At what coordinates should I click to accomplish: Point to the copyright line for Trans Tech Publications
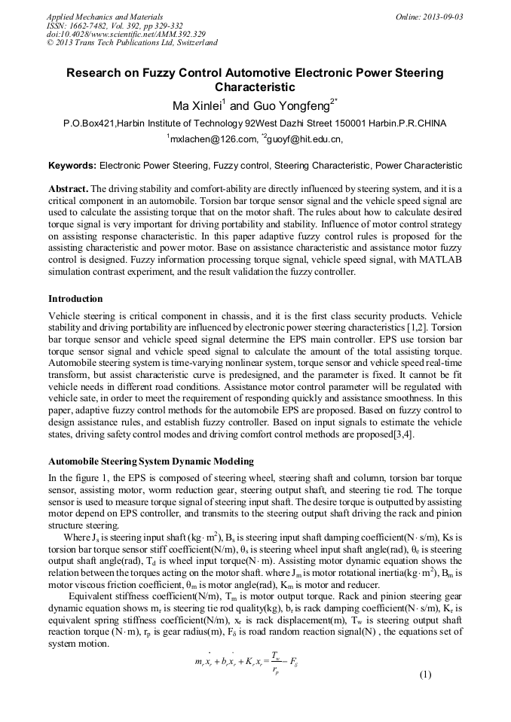tap(132, 43)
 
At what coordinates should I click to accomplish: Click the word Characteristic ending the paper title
tap(255, 87)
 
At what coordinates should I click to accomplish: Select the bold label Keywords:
tap(72, 165)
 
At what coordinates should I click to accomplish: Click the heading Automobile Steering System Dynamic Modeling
tap(151, 461)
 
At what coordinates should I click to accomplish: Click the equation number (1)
tap(424, 674)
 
